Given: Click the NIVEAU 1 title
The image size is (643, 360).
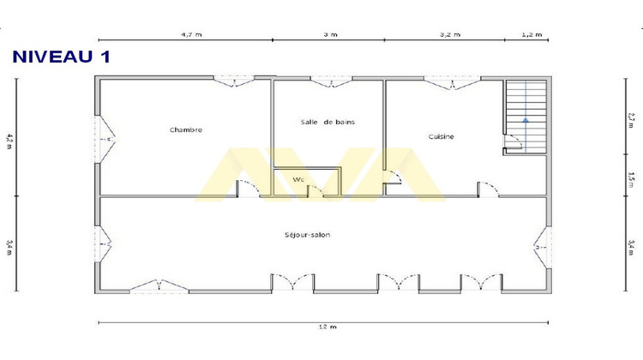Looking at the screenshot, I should pos(60,57).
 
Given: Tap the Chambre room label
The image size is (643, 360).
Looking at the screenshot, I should pos(186,130).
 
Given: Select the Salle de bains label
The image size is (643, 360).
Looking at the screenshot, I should pos(328,122).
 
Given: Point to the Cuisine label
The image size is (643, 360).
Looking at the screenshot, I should pos(441,136).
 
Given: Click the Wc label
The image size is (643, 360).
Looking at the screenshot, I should pos(298,179).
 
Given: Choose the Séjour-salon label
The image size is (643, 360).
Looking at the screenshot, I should pos(308,235).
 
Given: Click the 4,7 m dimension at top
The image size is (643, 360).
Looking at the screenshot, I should pos(190,35).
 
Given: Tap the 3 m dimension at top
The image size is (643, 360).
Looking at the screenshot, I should pos(330,35).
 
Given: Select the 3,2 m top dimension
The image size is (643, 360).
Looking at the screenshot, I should pos(449,35).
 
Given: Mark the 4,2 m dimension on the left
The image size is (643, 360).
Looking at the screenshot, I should pos(9,139).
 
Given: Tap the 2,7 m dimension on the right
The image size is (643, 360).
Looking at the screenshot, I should pos(631,119).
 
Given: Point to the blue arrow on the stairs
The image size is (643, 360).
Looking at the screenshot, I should pos(523,120).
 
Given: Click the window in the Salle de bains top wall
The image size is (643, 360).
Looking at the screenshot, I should pos(328,82).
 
